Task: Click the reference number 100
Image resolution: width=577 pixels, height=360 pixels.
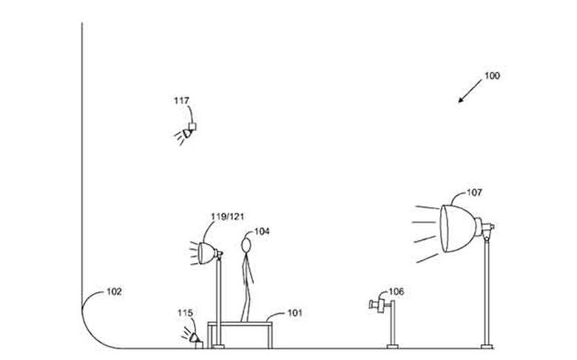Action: point(492,75)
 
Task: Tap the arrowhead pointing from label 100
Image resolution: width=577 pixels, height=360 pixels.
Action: point(461,100)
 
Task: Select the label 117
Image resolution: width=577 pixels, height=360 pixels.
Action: point(181,101)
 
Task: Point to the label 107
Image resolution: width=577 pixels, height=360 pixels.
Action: point(474,192)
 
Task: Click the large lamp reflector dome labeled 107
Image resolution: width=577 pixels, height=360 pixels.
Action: point(458,228)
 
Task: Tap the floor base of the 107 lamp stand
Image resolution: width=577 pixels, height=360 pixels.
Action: point(487,346)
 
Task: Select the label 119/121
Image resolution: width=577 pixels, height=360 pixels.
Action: point(227,216)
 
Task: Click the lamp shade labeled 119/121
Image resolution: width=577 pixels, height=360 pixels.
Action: point(206,253)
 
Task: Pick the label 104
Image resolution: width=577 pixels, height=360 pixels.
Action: point(262,231)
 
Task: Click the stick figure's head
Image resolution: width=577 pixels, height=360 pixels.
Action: point(246,245)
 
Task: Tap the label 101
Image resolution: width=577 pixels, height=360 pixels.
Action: point(294,313)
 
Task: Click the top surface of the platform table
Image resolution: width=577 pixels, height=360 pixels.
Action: point(240,324)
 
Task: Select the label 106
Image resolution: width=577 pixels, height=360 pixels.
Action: point(397,291)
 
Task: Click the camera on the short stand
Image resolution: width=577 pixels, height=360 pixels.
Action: point(377,305)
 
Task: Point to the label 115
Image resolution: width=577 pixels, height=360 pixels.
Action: point(185,313)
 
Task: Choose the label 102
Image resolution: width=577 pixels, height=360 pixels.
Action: point(114,291)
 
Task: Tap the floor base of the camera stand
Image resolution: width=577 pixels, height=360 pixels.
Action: point(392,346)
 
